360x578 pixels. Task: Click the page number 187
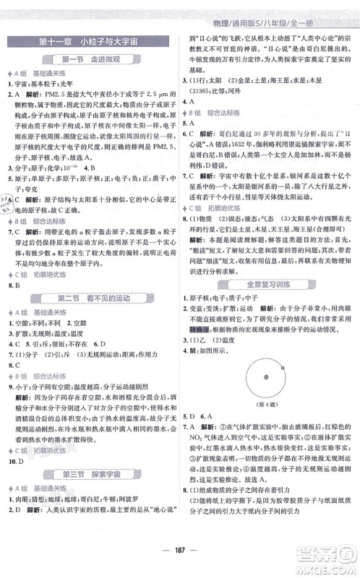179,560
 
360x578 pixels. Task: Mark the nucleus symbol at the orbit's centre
265,376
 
